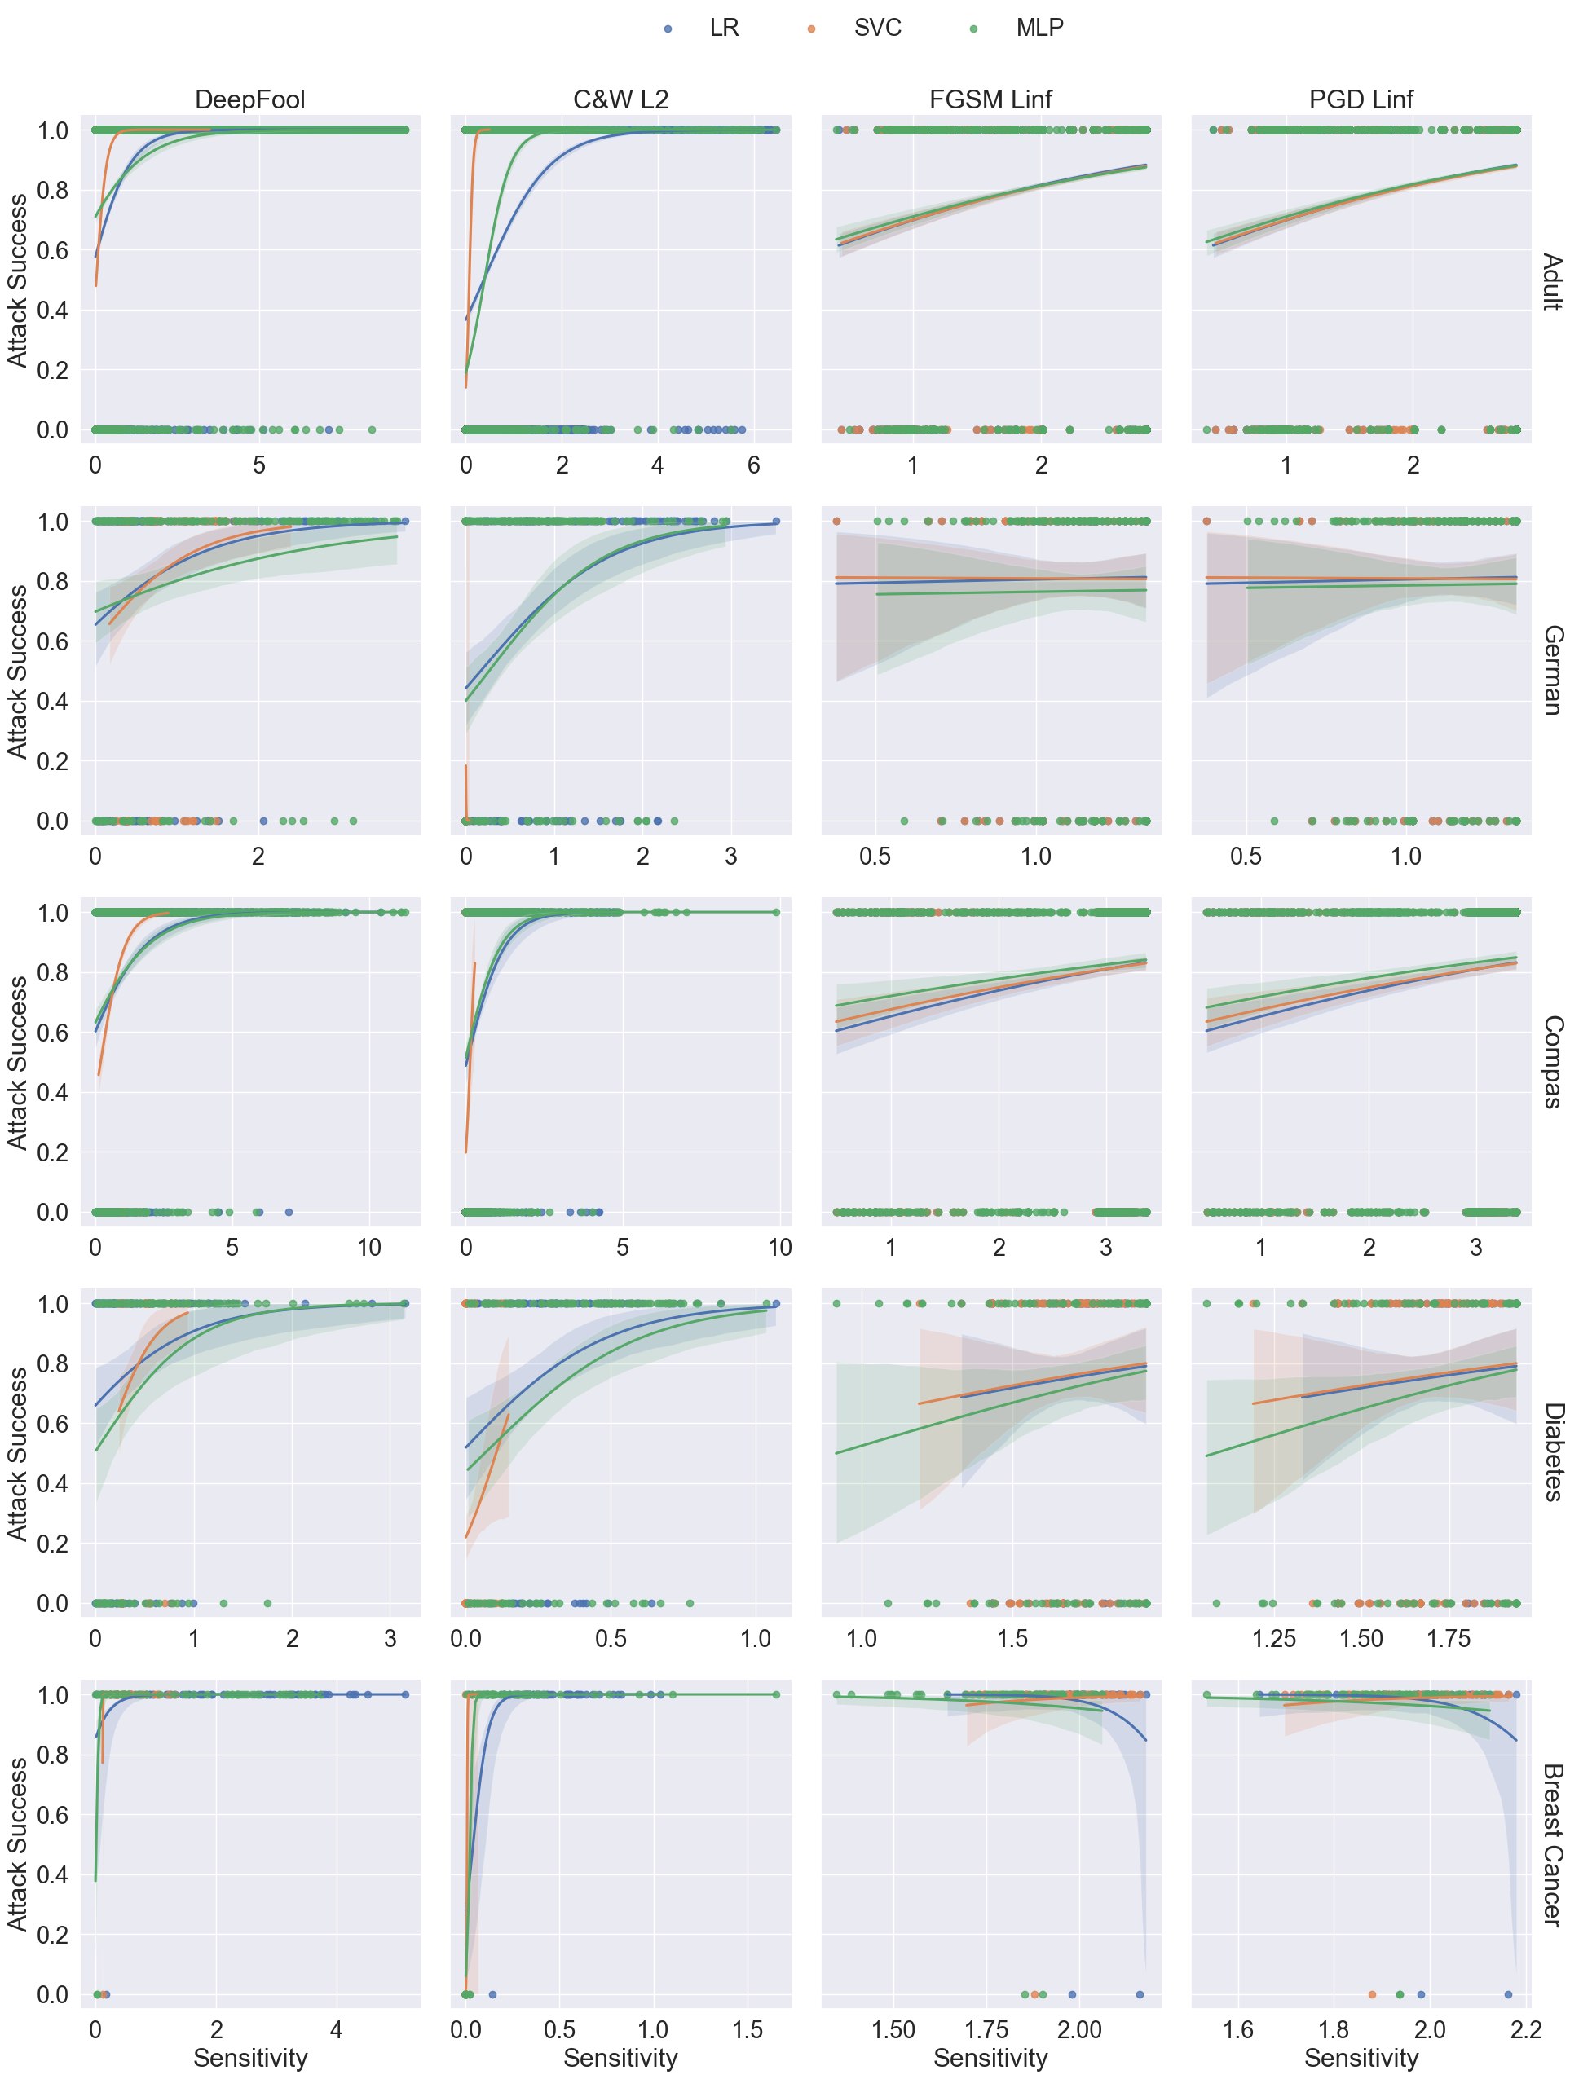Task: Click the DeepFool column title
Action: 249,99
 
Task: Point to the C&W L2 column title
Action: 620,99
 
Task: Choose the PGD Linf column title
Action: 1361,99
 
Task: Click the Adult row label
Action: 1551,281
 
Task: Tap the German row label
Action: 1551,670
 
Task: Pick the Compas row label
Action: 1551,1061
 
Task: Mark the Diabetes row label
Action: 1551,1452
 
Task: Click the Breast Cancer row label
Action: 1551,1845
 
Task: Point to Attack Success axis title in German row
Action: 18,671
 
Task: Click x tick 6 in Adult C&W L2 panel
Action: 753,465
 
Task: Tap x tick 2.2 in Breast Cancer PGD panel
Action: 1526,2029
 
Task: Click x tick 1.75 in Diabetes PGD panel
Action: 1448,1638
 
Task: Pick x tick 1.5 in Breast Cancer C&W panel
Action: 748,2029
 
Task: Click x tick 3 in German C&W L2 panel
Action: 730,857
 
